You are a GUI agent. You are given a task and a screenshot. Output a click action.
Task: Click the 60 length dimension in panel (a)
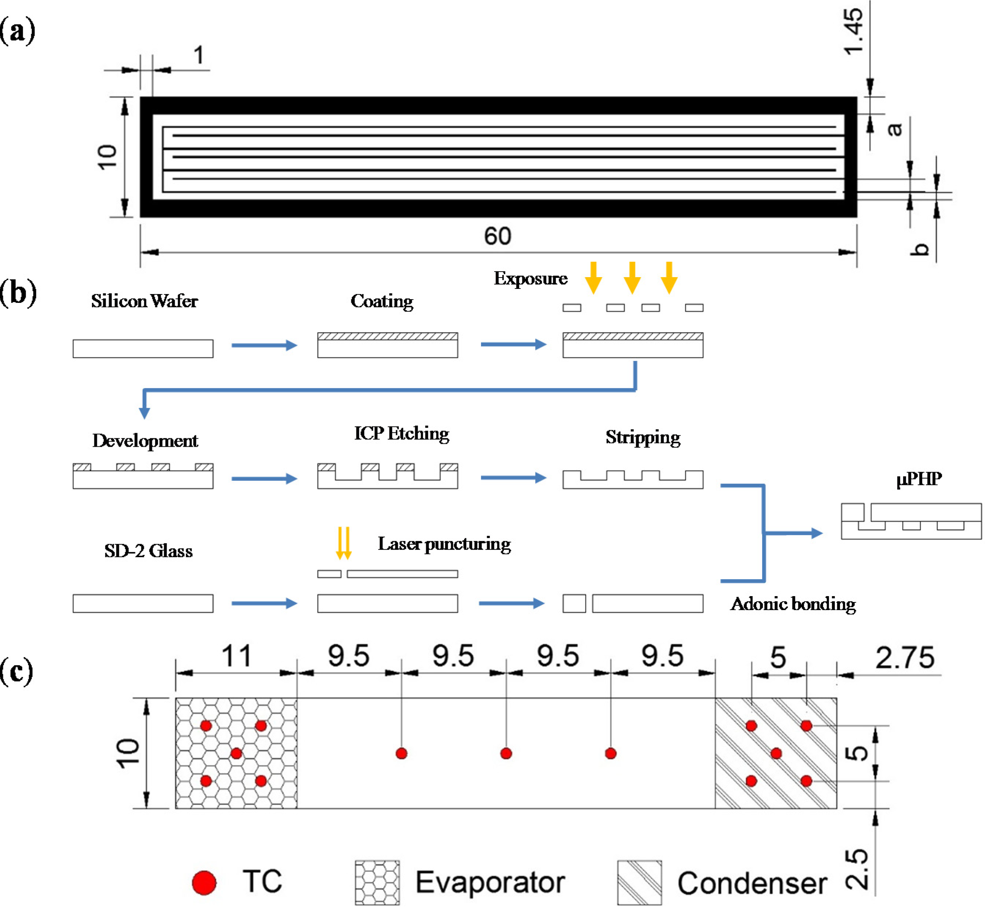point(497,236)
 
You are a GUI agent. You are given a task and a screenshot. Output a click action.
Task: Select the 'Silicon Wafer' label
point(144,301)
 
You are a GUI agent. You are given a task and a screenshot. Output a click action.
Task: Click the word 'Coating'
point(382,301)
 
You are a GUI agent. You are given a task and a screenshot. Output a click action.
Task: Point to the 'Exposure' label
point(531,278)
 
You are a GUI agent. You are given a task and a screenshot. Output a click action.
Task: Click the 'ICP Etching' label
point(401,433)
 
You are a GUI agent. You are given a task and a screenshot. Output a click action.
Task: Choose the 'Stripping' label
point(642,437)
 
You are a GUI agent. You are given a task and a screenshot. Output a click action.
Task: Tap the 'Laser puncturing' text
point(444,544)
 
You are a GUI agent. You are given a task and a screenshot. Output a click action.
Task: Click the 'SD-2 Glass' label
point(148,551)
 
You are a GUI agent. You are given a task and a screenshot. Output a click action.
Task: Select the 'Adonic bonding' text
point(793,604)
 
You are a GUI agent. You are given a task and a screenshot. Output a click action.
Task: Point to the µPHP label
point(919,479)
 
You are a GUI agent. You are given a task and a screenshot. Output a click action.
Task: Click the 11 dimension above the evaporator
point(236,656)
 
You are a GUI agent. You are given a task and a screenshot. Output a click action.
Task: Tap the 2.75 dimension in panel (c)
point(904,657)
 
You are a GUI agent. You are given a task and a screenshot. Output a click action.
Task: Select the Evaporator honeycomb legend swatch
point(377,882)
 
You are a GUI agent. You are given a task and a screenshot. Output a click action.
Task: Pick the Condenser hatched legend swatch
point(639,882)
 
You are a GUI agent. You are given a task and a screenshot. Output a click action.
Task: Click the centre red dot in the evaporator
point(236,753)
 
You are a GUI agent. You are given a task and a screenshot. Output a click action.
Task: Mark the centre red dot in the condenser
point(776,753)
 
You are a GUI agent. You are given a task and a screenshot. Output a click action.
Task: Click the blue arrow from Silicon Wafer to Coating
point(264,345)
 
